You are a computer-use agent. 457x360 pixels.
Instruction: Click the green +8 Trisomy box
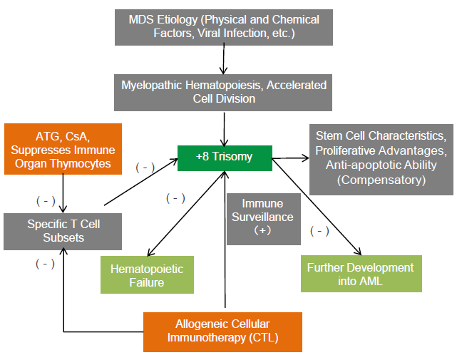click(x=224, y=158)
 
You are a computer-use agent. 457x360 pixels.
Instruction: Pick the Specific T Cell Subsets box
click(x=63, y=231)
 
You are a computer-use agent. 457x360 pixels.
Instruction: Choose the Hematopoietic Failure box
click(x=147, y=275)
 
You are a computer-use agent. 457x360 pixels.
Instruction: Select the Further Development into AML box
click(x=360, y=274)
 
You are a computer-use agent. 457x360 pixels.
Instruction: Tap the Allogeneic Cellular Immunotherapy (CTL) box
click(x=222, y=331)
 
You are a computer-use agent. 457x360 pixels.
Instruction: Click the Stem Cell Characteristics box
click(x=381, y=159)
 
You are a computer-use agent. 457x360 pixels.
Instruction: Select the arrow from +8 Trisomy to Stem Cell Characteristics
click(x=290, y=157)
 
